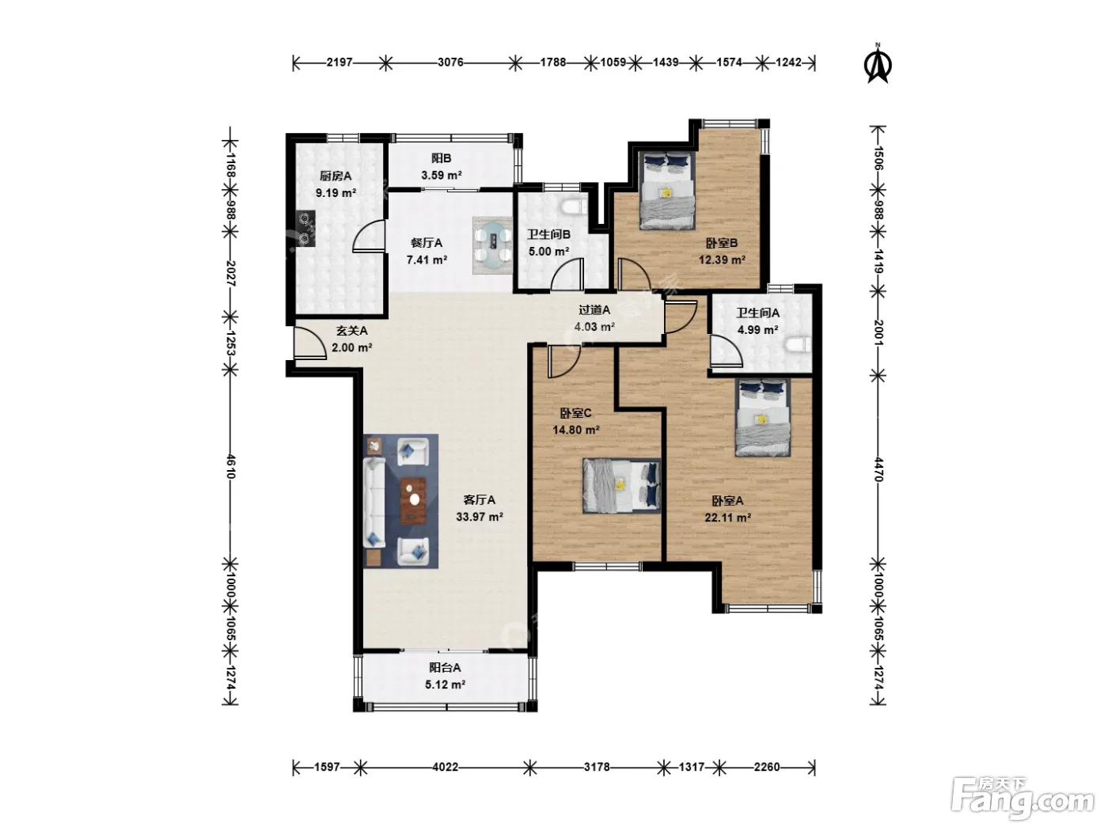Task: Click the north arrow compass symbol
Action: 878,63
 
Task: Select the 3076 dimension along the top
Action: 450,63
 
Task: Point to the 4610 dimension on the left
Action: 230,466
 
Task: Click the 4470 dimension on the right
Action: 878,469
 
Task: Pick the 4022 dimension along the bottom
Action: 446,768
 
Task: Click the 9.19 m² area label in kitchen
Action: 336,193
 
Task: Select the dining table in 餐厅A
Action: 492,245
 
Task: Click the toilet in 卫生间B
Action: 575,207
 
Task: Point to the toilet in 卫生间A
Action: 798,346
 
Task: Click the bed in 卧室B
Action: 666,191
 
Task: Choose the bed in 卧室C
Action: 621,485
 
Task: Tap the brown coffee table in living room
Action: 413,501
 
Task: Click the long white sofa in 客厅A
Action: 374,503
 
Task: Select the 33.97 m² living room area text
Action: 479,517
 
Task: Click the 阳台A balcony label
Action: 445,667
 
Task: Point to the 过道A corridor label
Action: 594,309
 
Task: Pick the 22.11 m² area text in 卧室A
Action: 727,517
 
